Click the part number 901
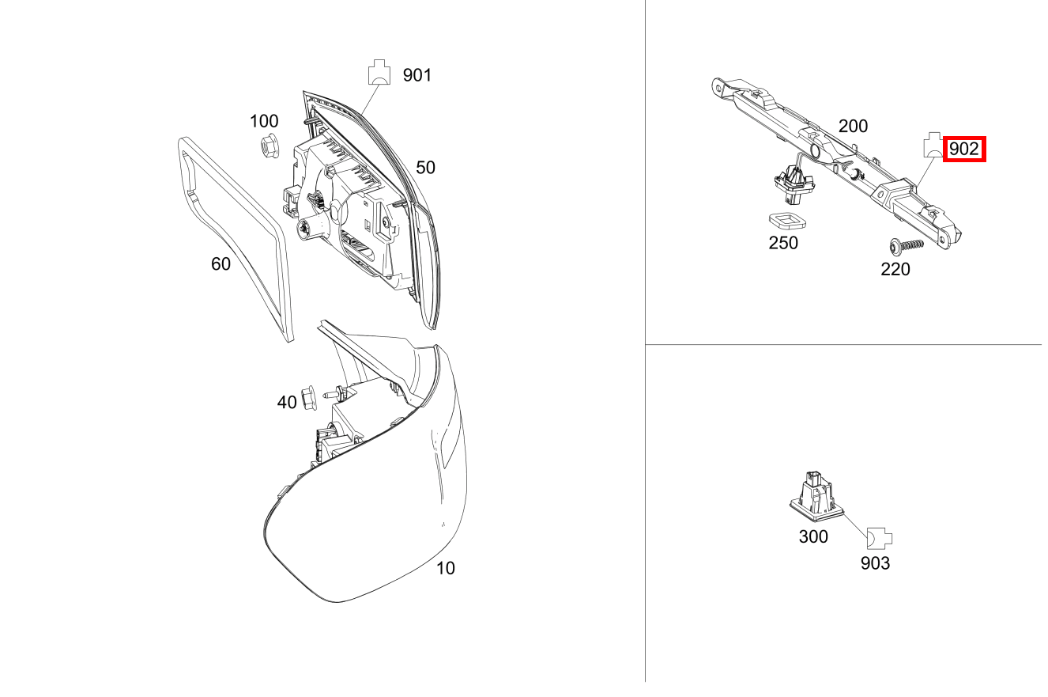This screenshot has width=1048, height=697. (x=417, y=75)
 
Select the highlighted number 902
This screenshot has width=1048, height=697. (x=964, y=149)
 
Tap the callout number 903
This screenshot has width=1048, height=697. (x=875, y=563)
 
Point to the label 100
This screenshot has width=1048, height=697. (x=264, y=121)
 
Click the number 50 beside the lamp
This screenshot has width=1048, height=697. (x=425, y=168)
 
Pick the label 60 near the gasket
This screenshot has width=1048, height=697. (x=221, y=263)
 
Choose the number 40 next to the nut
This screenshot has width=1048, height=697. (x=286, y=403)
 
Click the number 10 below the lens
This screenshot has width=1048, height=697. (x=446, y=568)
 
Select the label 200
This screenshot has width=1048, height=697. (x=853, y=126)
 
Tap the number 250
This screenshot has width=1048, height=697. (x=783, y=243)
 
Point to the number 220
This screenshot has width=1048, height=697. (x=895, y=270)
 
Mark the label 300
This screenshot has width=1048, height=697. (x=813, y=537)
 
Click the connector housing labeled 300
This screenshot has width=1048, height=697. (x=814, y=493)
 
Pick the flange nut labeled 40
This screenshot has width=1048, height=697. (x=309, y=393)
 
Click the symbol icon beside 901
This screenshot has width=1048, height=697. (x=379, y=73)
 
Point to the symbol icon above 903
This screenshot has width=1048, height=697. (x=880, y=539)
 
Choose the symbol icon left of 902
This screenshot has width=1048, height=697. (x=933, y=146)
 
